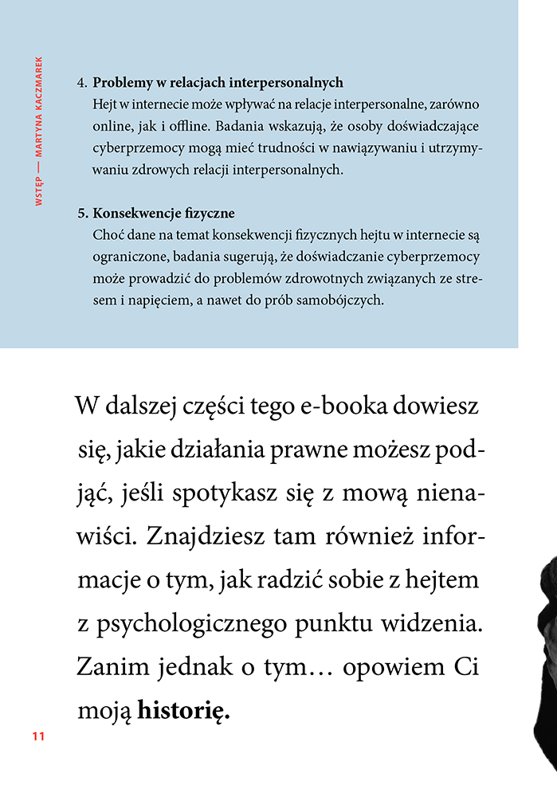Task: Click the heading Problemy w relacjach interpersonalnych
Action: (x=218, y=83)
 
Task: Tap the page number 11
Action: (x=38, y=736)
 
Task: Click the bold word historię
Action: (x=184, y=710)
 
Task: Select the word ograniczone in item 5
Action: (x=127, y=258)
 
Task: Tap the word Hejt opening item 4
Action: (x=105, y=104)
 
